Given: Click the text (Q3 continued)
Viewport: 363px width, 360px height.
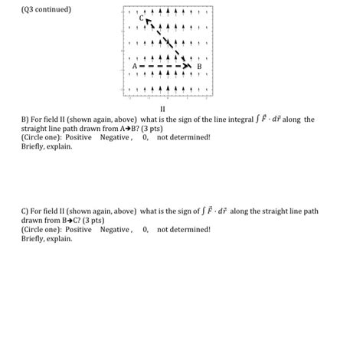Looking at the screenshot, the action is [47, 10].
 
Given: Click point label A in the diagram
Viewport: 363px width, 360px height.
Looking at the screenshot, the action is [135, 67].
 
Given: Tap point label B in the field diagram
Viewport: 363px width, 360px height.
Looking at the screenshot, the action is [199, 67].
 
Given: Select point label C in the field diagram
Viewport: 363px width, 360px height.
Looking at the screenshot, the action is [141, 18].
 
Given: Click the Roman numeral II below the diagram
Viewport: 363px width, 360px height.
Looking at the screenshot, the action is [162, 110].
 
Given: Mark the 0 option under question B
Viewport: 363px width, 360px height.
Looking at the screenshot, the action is [146, 138].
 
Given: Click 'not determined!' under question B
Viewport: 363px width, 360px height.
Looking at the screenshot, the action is [184, 138].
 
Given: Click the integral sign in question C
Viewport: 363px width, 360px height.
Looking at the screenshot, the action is [204, 211].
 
